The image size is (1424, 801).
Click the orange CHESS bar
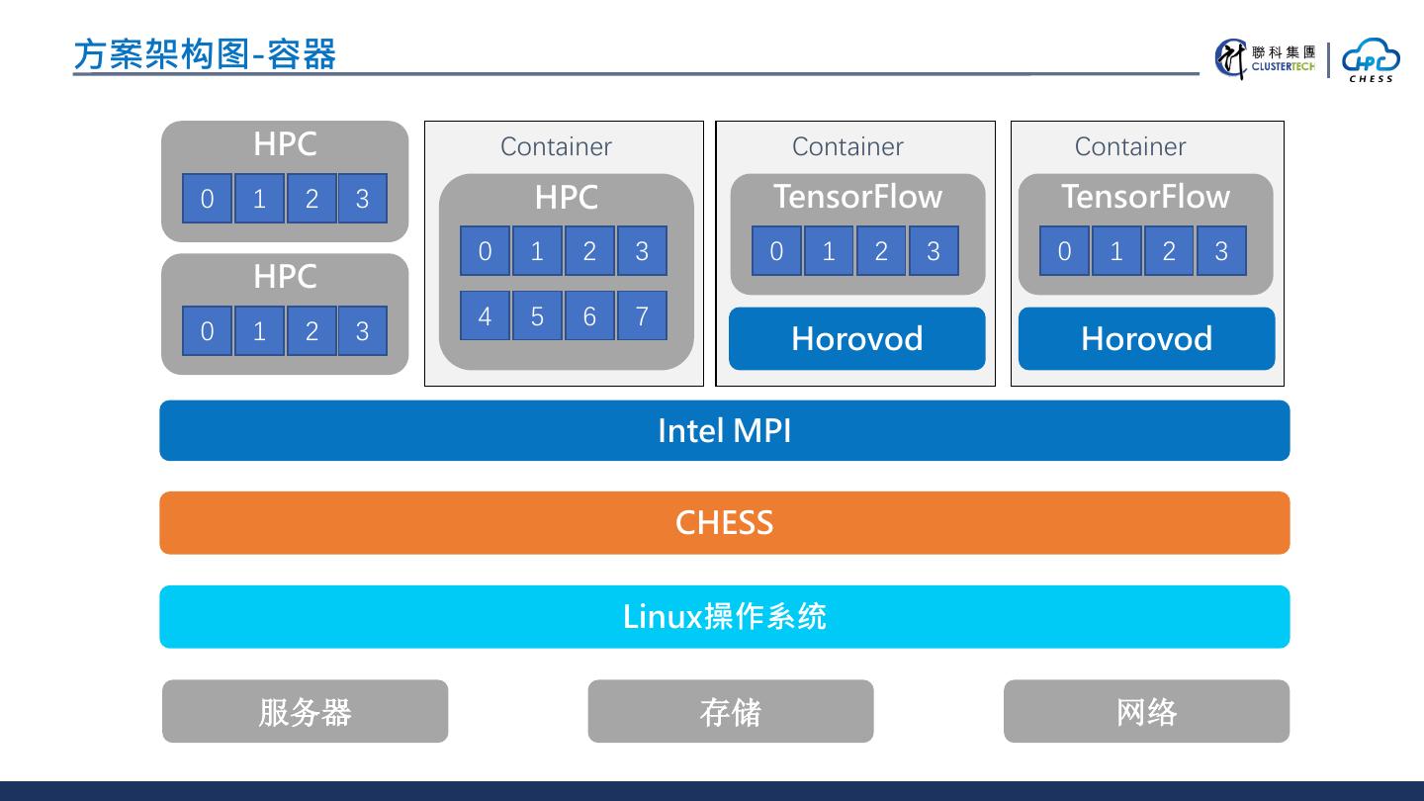(724, 522)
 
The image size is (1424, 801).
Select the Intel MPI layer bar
(724, 430)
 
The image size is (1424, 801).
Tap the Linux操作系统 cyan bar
(724, 616)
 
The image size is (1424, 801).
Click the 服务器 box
(305, 711)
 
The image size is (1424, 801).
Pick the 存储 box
(731, 711)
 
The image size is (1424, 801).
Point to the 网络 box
(1146, 711)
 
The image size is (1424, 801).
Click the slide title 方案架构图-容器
(206, 54)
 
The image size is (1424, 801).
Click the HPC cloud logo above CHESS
(1371, 59)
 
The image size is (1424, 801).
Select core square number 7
(642, 315)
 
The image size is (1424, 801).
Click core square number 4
(485, 315)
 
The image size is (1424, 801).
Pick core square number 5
(537, 315)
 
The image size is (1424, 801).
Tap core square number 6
(589, 315)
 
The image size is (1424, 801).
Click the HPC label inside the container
(566, 198)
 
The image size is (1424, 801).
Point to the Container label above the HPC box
(556, 146)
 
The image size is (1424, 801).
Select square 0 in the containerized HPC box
(485, 251)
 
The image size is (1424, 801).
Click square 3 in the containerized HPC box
(642, 251)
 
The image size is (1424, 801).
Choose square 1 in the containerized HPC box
(537, 251)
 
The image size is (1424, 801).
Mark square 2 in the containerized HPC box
(589, 251)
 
